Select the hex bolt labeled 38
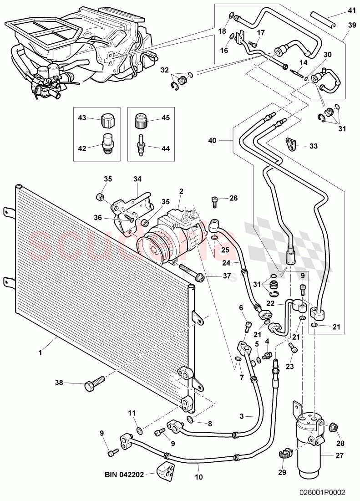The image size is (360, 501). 93,384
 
